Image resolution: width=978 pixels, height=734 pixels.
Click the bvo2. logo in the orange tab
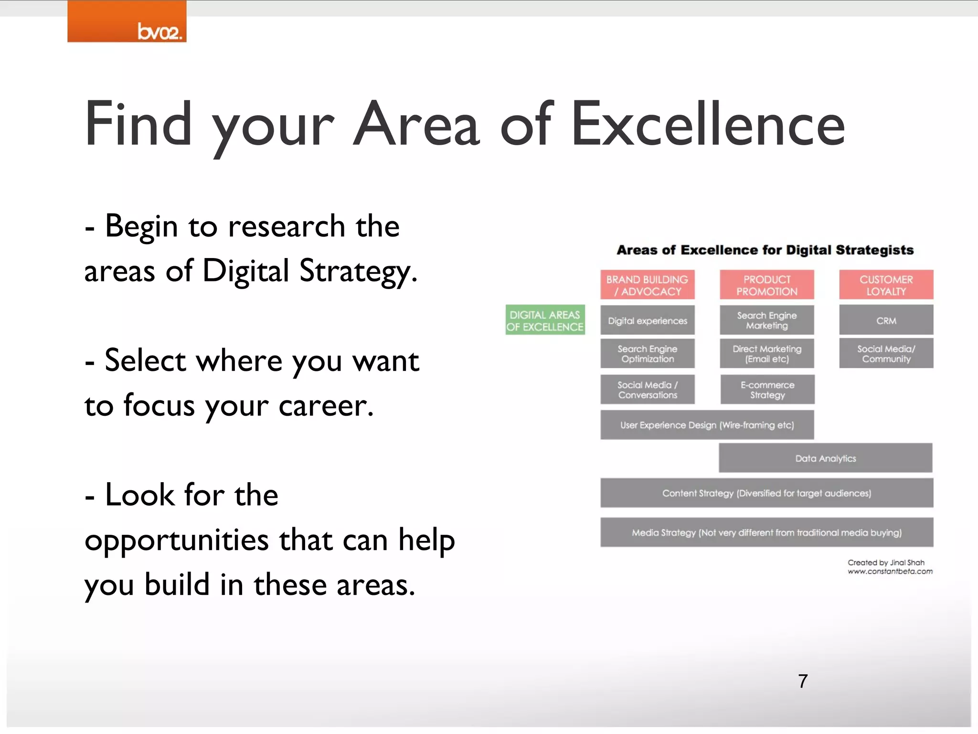[159, 32]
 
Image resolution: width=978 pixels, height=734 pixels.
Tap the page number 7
[803, 681]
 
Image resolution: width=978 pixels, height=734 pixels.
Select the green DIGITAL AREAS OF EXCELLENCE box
[545, 320]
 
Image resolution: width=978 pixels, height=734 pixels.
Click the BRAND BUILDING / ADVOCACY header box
[648, 285]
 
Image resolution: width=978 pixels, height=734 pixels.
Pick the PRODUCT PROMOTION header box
[767, 285]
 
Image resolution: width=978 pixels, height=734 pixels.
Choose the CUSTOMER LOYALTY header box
[886, 285]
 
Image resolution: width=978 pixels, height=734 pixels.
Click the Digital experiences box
[648, 321]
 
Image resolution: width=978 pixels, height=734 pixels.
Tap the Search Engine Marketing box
[767, 321]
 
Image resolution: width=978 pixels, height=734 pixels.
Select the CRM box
[886, 321]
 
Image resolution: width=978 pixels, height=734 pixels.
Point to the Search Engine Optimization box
[648, 354]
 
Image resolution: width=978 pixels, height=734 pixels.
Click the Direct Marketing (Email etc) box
[767, 354]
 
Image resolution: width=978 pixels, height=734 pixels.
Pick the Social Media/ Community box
[886, 354]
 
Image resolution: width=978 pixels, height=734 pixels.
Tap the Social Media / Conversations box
[648, 390]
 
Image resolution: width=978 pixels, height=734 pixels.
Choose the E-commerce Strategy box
[767, 390]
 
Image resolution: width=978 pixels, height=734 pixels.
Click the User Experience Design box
[707, 425]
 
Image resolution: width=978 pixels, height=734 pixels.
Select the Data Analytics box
[826, 458]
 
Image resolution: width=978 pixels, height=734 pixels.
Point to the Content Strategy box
[767, 493]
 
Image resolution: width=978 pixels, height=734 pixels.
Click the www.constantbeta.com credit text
[890, 572]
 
